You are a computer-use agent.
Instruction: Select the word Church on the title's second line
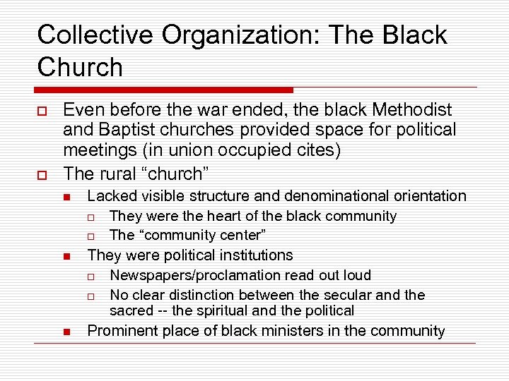coord(80,68)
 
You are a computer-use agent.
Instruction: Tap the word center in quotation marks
coord(237,235)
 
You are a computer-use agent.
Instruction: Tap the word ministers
coord(254,331)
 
